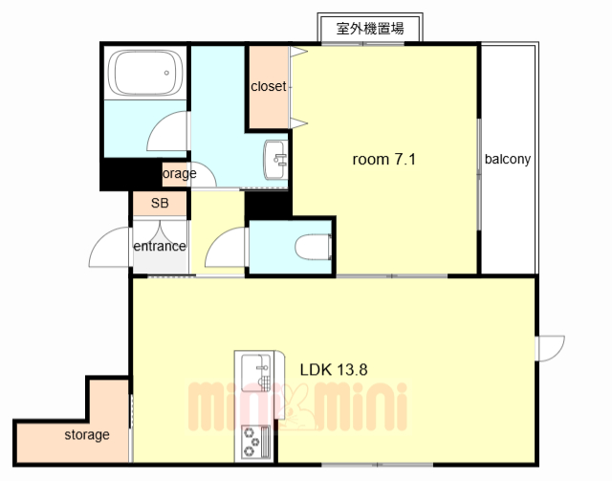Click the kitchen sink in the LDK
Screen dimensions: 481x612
(x=256, y=369)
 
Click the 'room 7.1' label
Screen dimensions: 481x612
(x=384, y=159)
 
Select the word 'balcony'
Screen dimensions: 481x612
(x=507, y=159)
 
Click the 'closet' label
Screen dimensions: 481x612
(x=269, y=86)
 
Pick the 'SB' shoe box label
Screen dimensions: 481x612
(x=160, y=204)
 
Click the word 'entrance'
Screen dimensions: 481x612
(x=159, y=246)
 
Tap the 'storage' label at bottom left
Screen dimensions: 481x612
(x=87, y=434)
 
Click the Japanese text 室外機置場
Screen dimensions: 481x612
(x=370, y=28)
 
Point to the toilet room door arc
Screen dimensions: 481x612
(x=224, y=251)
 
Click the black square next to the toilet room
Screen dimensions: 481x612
(x=267, y=205)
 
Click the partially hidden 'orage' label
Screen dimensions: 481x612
(x=179, y=174)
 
